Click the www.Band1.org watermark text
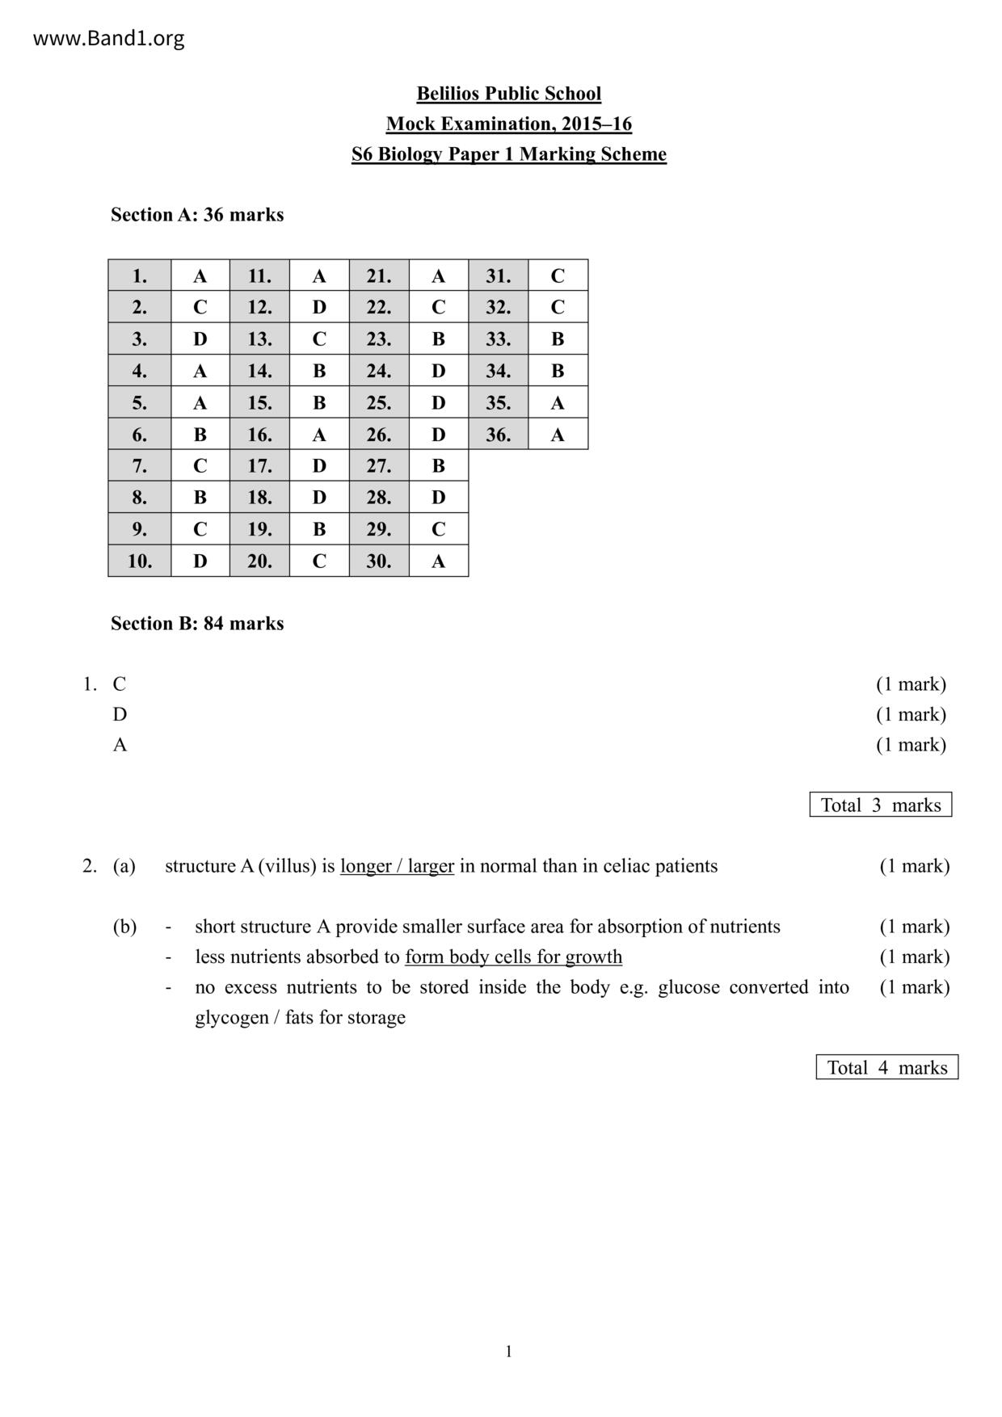click(x=108, y=38)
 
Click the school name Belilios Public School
click(x=508, y=94)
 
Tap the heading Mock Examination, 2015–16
click(x=508, y=124)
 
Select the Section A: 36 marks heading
click(x=197, y=215)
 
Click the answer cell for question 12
click(x=319, y=307)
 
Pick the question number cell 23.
click(x=379, y=338)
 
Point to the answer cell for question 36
click(x=558, y=435)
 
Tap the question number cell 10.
click(x=140, y=561)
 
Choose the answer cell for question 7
click(x=200, y=465)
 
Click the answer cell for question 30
click(x=438, y=561)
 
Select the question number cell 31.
click(x=498, y=276)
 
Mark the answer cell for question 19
click(x=319, y=529)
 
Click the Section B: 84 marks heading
click(x=197, y=624)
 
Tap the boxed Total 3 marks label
click(x=881, y=805)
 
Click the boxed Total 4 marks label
click(x=886, y=1067)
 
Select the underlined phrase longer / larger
click(x=397, y=866)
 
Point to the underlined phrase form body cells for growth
click(x=513, y=957)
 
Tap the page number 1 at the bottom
click(x=508, y=1352)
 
